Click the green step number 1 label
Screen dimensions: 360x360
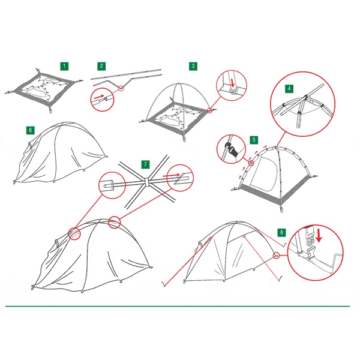[x=64, y=65]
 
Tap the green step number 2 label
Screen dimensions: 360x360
[x=101, y=65]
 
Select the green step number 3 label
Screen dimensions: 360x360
[x=193, y=65]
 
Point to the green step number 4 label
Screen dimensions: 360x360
[x=290, y=88]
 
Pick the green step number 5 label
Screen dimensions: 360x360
[x=254, y=140]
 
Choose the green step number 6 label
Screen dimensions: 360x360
[x=30, y=130]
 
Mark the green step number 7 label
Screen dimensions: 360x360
[x=145, y=164]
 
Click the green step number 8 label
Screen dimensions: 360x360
[x=281, y=232]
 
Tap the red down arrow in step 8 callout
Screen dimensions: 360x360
[x=319, y=232]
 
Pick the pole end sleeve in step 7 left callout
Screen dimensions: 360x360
[x=107, y=185]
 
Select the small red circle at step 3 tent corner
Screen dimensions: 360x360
[x=209, y=110]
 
